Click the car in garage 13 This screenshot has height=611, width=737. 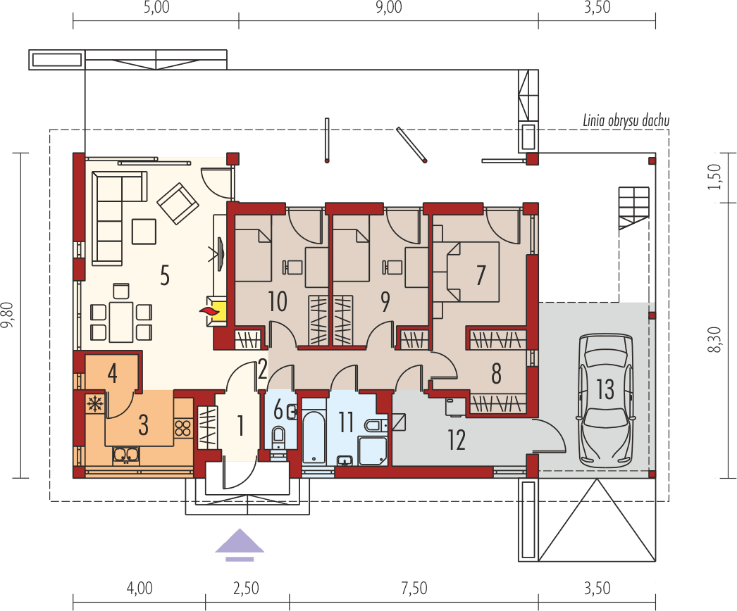tap(605, 398)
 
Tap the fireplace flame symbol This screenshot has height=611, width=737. tap(209, 311)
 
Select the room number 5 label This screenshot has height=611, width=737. tap(164, 276)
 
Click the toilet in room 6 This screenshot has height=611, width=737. tap(278, 436)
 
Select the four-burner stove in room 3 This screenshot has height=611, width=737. tap(182, 428)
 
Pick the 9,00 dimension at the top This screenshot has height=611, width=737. tap(388, 8)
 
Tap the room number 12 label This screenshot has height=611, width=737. tap(456, 441)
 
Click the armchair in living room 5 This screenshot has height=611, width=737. tap(178, 202)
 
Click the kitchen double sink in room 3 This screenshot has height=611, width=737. tap(125, 455)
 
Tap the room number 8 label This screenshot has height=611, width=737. tap(496, 374)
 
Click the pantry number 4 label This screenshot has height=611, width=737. tap(112, 373)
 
